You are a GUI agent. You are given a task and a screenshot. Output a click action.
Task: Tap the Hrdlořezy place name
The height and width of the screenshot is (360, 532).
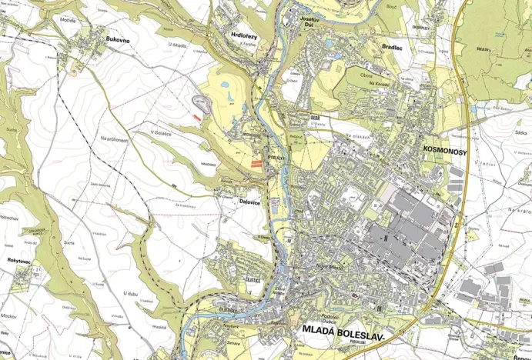(x=244, y=35)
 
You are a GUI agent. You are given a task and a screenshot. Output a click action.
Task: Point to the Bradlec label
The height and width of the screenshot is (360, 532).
(x=393, y=47)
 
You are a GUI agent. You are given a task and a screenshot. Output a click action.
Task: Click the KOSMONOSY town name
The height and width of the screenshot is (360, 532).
(x=445, y=152)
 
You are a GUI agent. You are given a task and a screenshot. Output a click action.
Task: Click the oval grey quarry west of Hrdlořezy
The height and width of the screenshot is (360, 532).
(x=202, y=100)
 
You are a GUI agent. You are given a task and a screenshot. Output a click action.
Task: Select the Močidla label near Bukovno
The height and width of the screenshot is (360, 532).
(x=67, y=20)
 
